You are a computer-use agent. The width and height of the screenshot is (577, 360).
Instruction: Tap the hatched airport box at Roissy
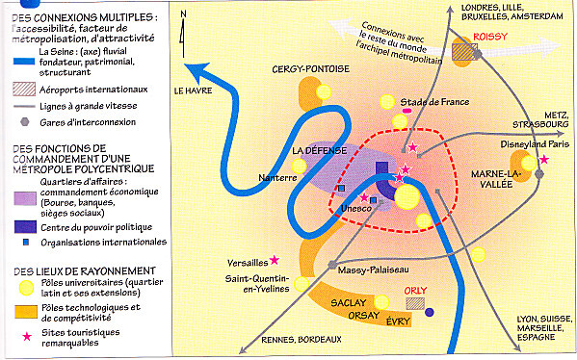(x=470, y=50)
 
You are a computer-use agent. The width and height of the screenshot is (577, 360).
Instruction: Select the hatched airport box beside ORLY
(x=415, y=302)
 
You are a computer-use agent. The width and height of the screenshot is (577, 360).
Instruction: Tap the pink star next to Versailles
(x=275, y=260)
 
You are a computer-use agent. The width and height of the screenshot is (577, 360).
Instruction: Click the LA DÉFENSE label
(x=319, y=151)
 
